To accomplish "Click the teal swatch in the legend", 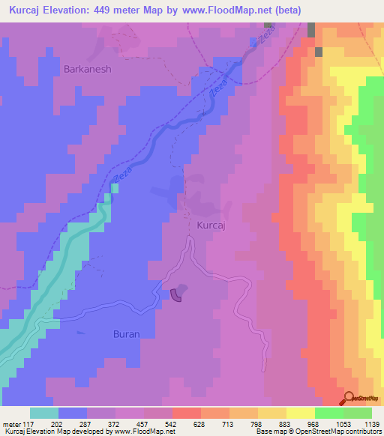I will tap(44, 413).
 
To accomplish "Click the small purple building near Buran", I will tap(177, 296).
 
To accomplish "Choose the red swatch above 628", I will tap(186, 413).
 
